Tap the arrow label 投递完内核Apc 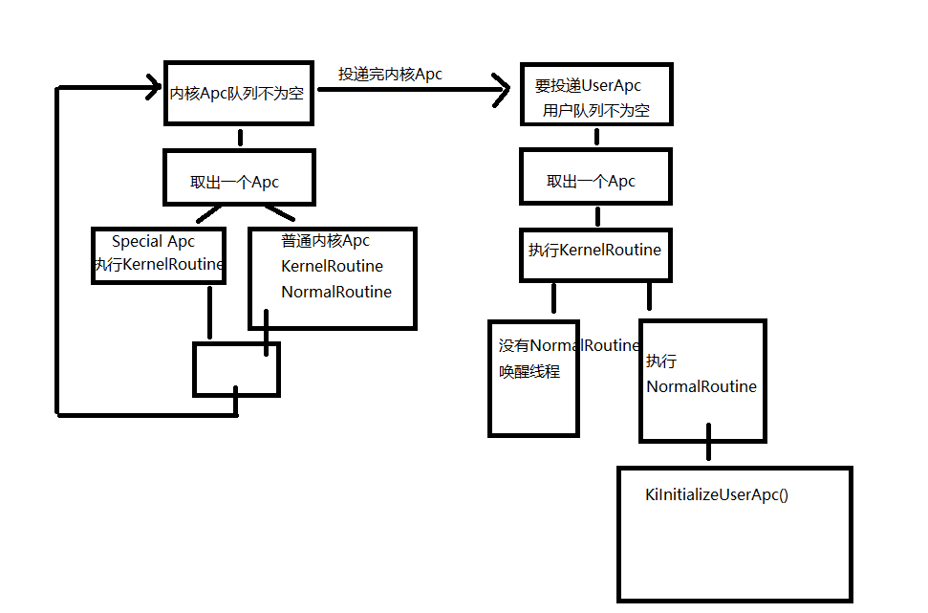pos(390,74)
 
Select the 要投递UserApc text pos(588,85)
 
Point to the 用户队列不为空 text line pos(596,110)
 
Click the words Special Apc pos(153,242)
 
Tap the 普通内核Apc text pos(325,240)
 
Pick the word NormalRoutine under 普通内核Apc pos(336,292)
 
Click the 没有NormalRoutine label pos(569,345)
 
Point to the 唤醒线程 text pos(529,371)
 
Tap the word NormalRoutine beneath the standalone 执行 pos(701,386)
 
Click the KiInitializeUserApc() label pos(717,494)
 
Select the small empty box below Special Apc pos(236,343)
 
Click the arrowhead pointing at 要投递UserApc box pos(502,90)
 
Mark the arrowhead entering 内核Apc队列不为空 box pos(155,88)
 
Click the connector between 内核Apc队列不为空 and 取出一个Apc pos(240,138)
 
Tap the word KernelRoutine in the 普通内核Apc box pos(332,267)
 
